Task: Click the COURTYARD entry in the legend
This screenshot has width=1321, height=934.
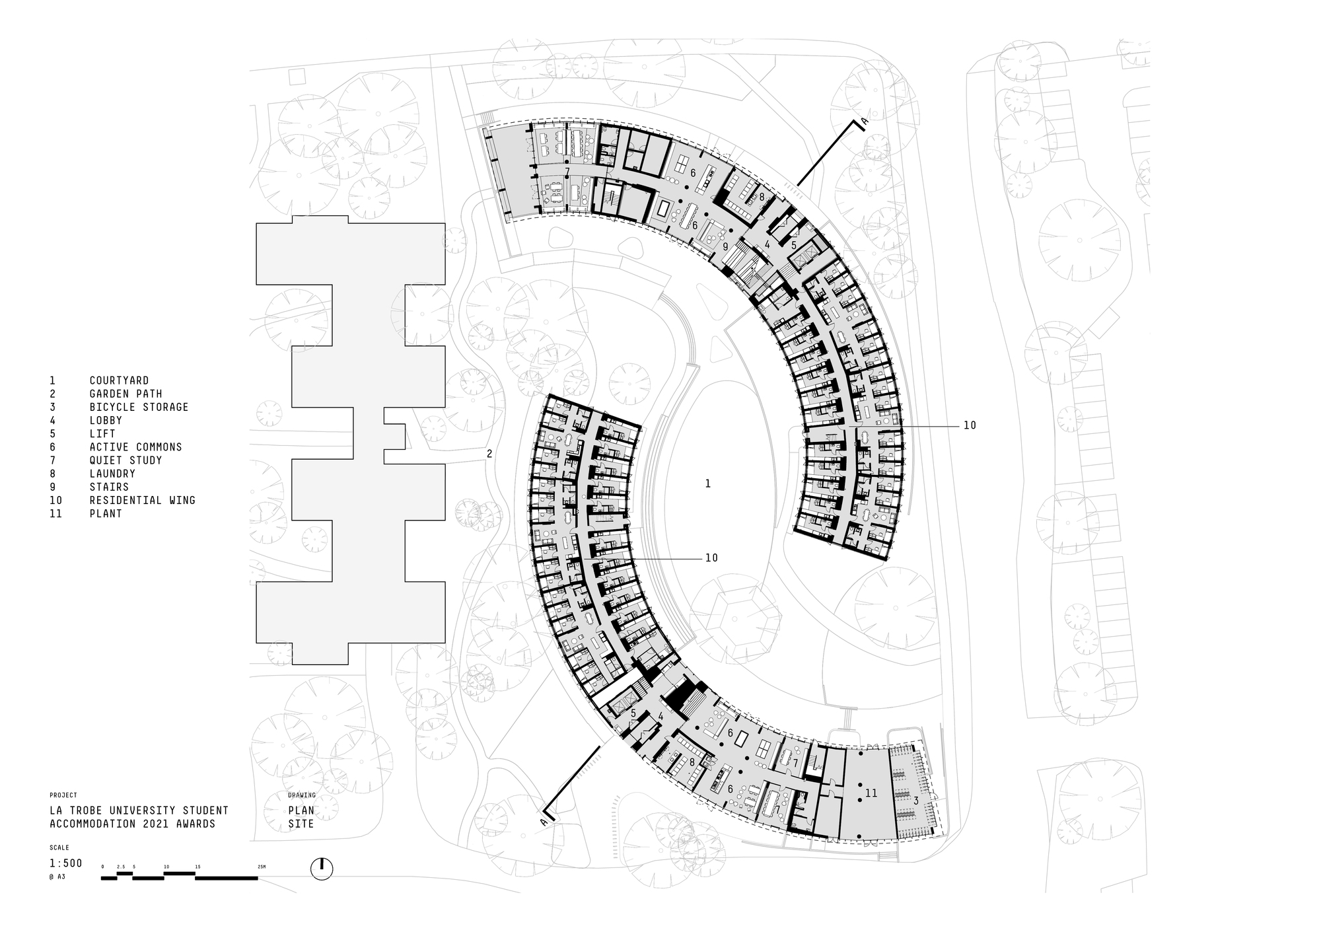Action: click(x=119, y=380)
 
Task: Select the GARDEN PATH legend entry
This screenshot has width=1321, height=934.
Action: click(x=125, y=394)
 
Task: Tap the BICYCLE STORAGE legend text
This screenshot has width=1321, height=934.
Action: click(x=139, y=407)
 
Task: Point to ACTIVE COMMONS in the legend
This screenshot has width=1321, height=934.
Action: click(x=135, y=447)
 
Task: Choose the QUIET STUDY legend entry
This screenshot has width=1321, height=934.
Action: click(x=125, y=460)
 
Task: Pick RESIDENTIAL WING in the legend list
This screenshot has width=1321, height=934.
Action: click(x=143, y=500)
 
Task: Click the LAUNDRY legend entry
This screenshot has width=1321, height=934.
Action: click(x=112, y=474)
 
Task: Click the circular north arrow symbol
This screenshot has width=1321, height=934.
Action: click(x=322, y=869)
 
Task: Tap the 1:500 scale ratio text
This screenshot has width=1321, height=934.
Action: click(x=66, y=863)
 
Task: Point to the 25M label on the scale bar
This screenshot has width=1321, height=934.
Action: click(x=262, y=866)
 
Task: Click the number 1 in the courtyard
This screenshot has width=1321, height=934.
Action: click(x=708, y=484)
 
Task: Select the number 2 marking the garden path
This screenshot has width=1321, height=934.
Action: click(x=489, y=454)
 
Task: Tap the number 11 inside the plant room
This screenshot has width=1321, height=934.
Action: click(x=871, y=793)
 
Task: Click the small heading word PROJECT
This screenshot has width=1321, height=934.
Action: click(x=63, y=795)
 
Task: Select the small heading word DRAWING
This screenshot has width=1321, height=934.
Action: click(x=302, y=795)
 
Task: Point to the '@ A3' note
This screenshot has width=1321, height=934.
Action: click(x=57, y=877)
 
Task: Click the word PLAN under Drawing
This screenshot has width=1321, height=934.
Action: click(x=301, y=810)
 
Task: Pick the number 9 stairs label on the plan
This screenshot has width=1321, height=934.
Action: click(x=725, y=246)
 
